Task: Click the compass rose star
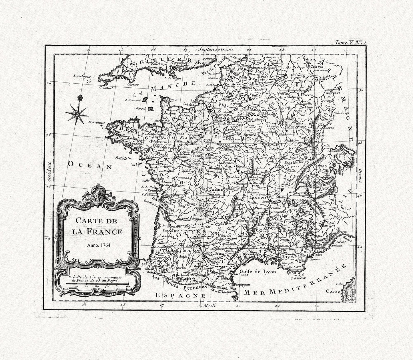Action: coord(76,114)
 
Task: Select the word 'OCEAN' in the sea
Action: coord(89,165)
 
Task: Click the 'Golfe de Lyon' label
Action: coord(258,272)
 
